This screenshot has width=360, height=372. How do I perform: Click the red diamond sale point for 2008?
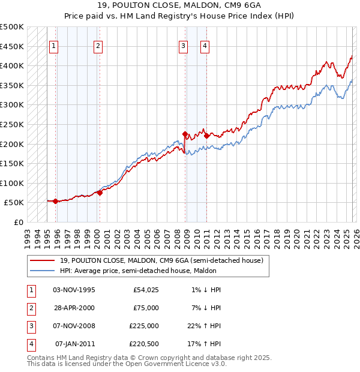(185, 134)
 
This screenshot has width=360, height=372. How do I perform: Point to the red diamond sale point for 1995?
(55, 201)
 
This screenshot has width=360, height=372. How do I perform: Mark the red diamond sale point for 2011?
(206, 136)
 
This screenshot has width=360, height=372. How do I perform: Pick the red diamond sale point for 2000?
(100, 193)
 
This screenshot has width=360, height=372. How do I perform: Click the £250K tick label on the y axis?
(12, 124)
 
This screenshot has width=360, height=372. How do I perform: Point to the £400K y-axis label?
(12, 65)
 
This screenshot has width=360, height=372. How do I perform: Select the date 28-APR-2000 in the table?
(74, 308)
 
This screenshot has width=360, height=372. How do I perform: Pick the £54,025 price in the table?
(146, 290)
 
